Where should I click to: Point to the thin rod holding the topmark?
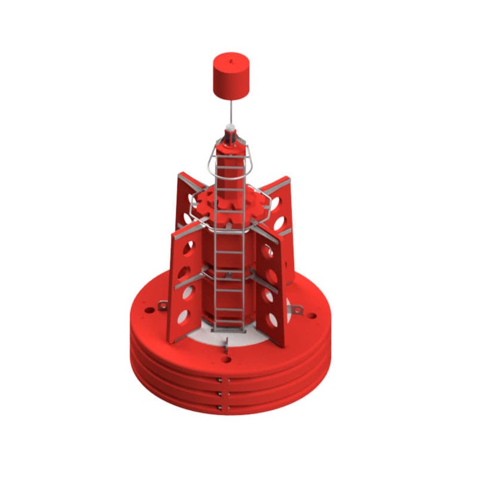click(231, 113)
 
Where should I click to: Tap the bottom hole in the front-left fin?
click(184, 315)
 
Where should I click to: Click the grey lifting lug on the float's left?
click(161, 306)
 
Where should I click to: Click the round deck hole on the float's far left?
click(144, 311)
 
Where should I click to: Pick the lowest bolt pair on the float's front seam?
click(222, 408)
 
